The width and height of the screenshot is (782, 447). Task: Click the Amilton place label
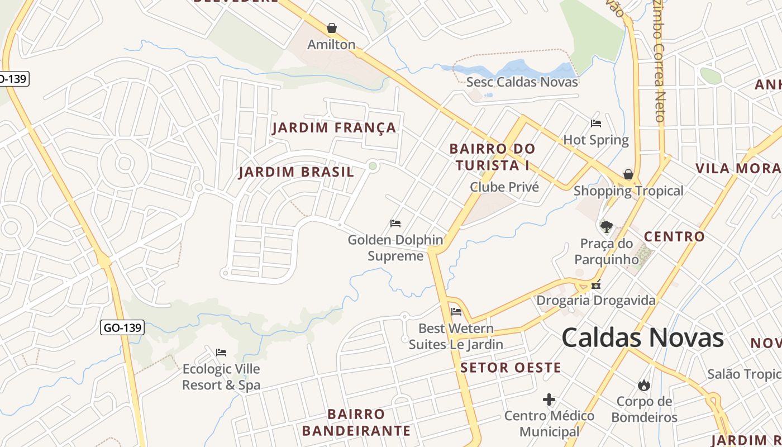(331, 45)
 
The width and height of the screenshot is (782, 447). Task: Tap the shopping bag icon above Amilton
(331, 28)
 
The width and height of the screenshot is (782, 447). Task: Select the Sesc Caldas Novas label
(522, 82)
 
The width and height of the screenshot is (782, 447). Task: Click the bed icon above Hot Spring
(596, 123)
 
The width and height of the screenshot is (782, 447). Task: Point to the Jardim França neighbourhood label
(334, 128)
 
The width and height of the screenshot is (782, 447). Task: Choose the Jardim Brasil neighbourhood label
(296, 172)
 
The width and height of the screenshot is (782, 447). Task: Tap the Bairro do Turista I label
(492, 158)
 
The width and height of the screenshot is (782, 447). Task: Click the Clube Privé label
(504, 187)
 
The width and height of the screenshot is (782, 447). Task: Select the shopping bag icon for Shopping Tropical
(628, 174)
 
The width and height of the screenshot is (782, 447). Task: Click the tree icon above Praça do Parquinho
(606, 226)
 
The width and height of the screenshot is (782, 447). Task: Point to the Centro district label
(674, 237)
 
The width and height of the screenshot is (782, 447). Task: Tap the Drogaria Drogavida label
(596, 301)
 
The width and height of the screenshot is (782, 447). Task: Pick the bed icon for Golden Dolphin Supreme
(395, 223)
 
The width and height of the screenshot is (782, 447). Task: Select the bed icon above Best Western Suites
(456, 312)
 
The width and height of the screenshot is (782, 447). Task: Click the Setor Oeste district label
(511, 368)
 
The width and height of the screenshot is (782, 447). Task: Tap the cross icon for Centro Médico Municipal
(549, 400)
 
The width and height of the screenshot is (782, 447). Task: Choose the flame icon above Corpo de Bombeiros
(644, 385)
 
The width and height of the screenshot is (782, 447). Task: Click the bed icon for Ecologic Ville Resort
(221, 353)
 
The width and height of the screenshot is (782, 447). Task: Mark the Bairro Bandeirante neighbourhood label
(356, 422)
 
